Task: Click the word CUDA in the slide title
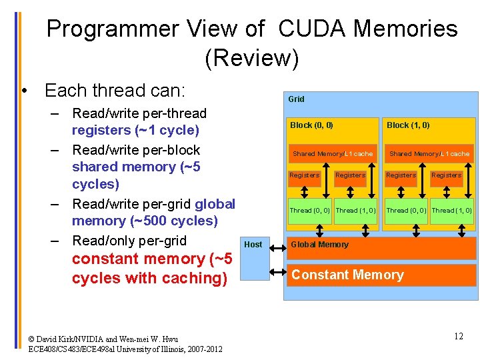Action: (311, 29)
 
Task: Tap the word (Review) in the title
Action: (252, 59)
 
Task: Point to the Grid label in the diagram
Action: (296, 99)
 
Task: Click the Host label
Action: (253, 244)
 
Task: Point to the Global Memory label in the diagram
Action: (319, 244)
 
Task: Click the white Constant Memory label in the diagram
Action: (347, 275)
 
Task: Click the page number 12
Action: (459, 336)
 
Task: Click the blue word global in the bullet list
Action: (215, 204)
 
